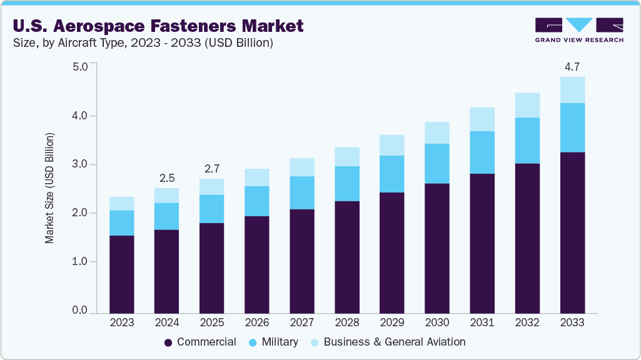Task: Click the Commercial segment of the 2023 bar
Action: pos(122,274)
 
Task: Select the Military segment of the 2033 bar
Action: pos(572,127)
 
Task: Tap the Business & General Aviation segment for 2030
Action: pos(437,132)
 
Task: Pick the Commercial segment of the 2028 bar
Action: pos(347,256)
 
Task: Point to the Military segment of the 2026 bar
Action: pos(257,201)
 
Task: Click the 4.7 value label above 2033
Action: pos(572,66)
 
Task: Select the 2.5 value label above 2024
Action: pos(167,177)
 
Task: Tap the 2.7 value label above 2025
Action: pos(212,168)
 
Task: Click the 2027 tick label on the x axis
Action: pos(302,322)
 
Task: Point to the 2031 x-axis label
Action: pos(482,322)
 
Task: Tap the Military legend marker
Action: pos(253,342)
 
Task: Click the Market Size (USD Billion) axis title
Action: pos(49,187)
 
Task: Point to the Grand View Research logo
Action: pos(578,29)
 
